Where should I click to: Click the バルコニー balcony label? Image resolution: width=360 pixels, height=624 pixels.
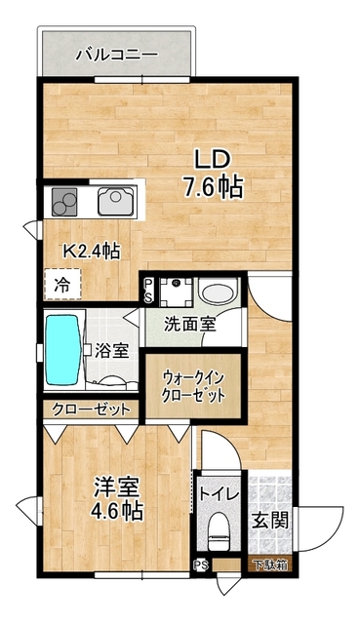click(116, 54)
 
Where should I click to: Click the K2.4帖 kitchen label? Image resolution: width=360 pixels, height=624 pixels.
click(93, 251)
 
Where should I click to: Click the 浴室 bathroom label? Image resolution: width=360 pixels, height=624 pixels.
click(111, 351)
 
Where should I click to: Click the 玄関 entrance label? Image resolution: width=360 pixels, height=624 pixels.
click(270, 521)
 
